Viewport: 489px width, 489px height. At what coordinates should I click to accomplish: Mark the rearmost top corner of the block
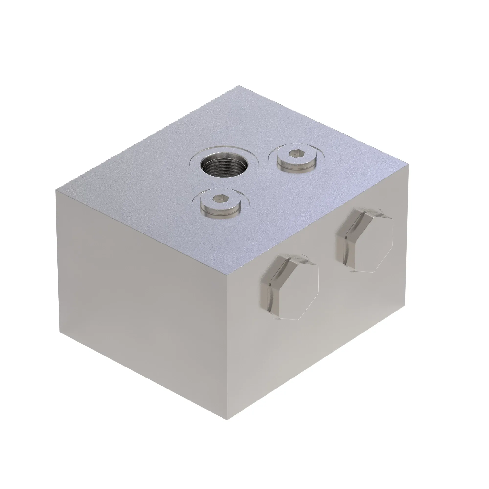pyautogui.click(x=239, y=86)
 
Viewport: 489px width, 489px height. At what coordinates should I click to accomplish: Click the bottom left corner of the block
pyautogui.click(x=60, y=331)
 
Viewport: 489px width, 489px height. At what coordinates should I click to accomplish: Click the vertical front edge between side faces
pyautogui.click(x=227, y=347)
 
